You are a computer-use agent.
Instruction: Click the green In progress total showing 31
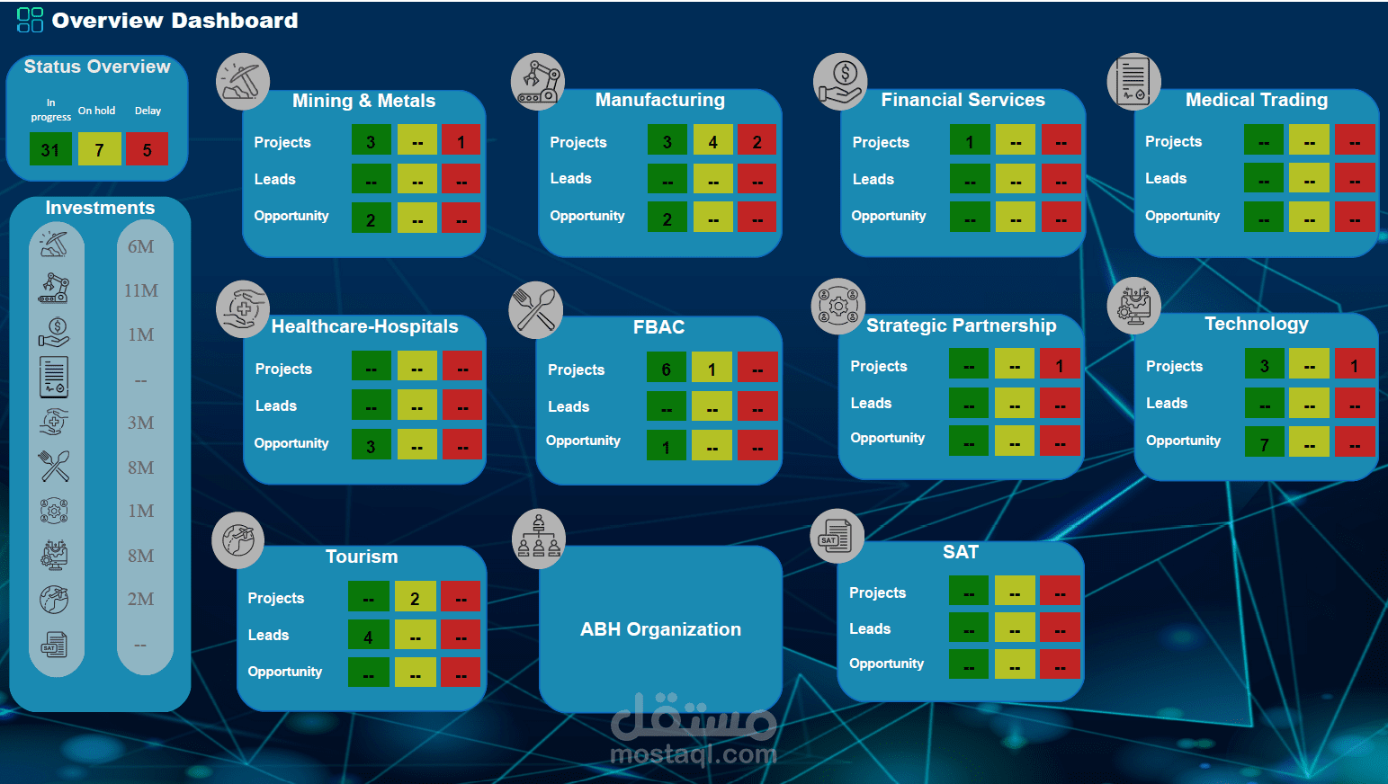(50, 149)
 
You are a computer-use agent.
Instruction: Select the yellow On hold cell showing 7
(99, 149)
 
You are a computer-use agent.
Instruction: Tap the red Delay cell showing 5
(147, 149)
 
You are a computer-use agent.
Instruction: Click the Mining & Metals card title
(363, 101)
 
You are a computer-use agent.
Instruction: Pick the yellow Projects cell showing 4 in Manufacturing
(712, 141)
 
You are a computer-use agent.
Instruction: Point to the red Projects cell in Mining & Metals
(461, 141)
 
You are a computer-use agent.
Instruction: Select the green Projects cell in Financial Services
(970, 141)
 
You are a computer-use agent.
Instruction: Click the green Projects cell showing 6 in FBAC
(667, 369)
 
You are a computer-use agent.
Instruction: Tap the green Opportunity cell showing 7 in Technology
(1265, 443)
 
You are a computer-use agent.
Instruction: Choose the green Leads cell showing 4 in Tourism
(369, 637)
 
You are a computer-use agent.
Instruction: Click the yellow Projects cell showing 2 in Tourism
(415, 598)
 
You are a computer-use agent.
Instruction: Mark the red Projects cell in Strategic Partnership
(1060, 365)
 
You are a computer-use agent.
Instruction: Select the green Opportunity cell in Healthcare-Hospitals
(371, 445)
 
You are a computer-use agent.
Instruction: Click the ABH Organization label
(660, 629)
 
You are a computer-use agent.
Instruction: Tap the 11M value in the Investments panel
(141, 290)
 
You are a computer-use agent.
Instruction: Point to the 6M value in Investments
(141, 246)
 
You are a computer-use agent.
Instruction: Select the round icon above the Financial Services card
(840, 81)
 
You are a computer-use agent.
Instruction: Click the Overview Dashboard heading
(175, 21)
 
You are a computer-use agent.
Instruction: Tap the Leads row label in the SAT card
(870, 628)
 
